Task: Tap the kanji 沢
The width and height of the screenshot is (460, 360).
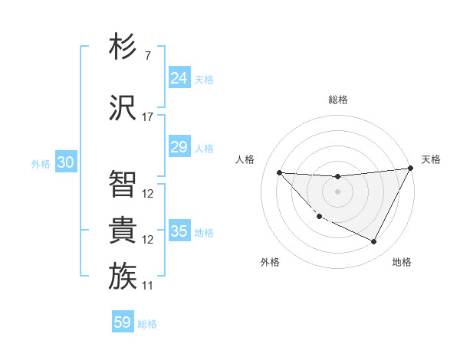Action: coord(123,107)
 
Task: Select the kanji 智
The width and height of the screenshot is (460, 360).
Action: coord(123,184)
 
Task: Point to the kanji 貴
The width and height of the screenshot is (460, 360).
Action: coord(123,230)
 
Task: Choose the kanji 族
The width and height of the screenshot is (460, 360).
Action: coord(123,276)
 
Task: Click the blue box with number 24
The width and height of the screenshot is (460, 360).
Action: coord(179,77)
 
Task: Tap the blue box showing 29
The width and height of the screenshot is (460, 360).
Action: coord(179,147)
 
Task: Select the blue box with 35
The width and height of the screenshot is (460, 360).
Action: coord(179,231)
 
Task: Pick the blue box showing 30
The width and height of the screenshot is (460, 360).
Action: coord(65,162)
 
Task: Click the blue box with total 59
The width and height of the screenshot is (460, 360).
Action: coord(122,322)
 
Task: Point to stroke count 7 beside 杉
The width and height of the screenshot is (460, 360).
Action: coord(147,56)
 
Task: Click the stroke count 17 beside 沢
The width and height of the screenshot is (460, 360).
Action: coord(148,117)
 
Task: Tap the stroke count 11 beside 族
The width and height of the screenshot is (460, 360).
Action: coord(148,286)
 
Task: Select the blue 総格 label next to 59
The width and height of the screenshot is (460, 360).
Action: coord(147,324)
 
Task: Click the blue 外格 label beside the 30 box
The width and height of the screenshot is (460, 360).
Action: coord(40,163)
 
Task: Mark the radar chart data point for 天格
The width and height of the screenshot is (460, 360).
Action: coord(410,168)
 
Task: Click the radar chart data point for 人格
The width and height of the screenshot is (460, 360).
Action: coord(279,172)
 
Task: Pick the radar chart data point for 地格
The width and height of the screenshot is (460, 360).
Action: coord(374,242)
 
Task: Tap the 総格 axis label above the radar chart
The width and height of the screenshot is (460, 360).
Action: coord(338,100)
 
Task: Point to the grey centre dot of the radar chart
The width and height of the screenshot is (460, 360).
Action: coord(337,191)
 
